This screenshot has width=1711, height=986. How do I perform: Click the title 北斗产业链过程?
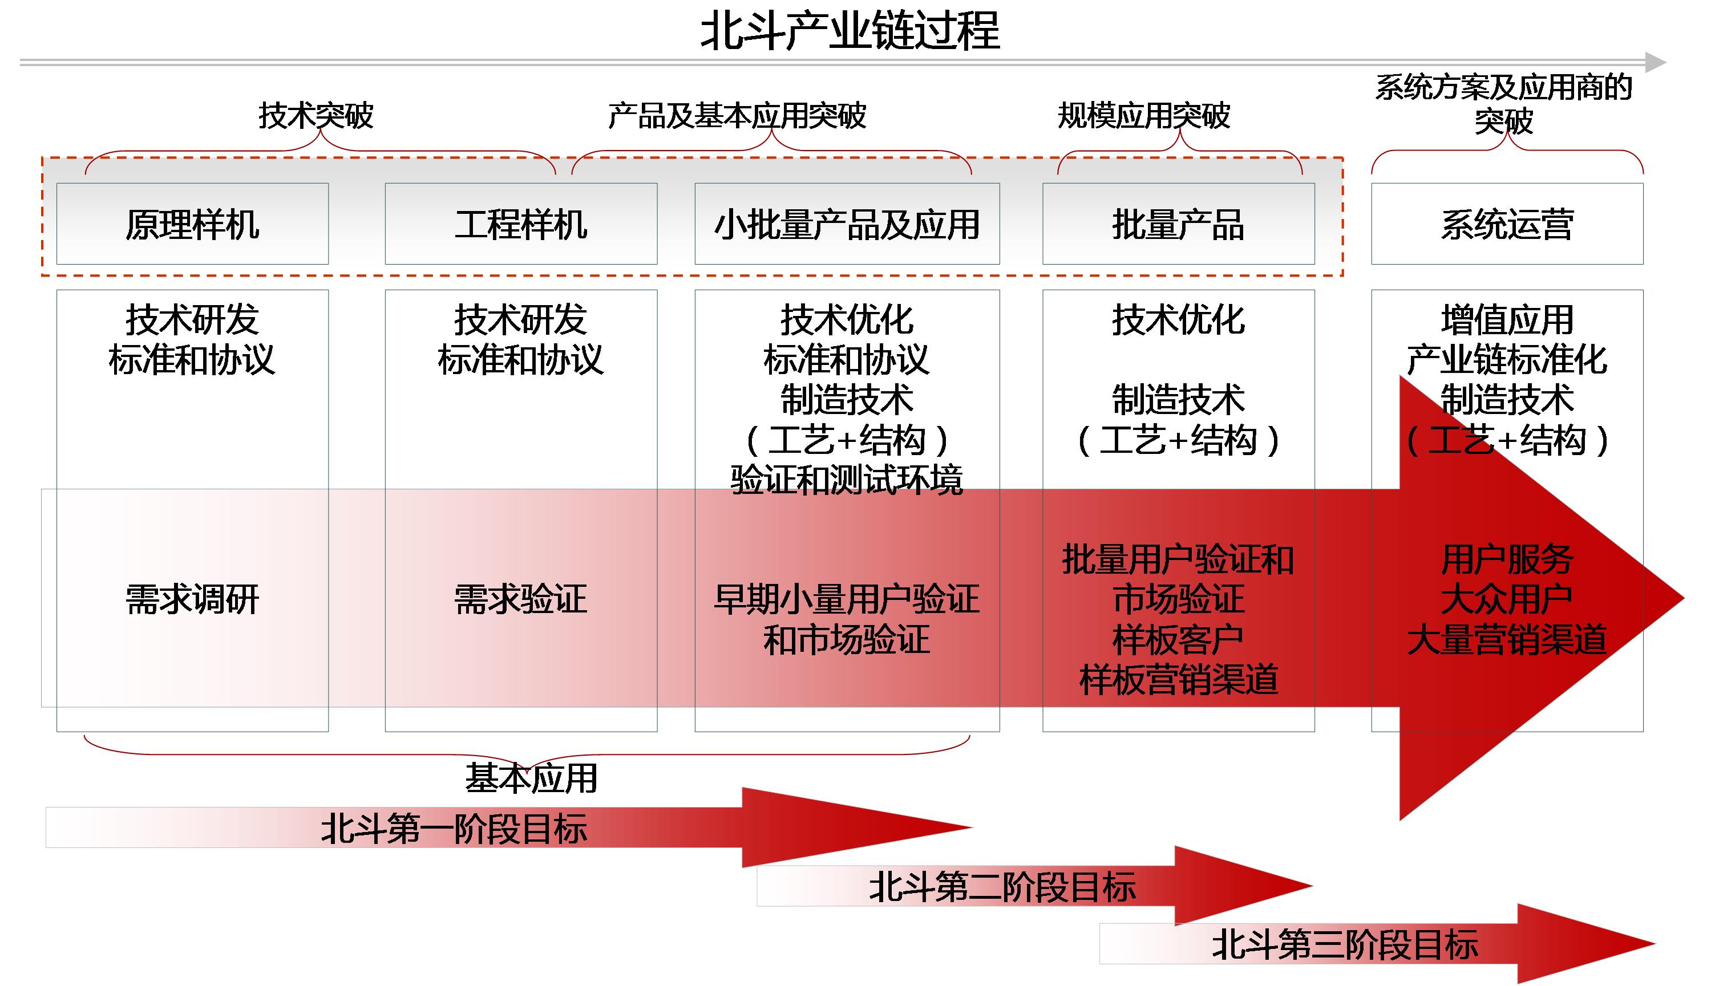(x=850, y=32)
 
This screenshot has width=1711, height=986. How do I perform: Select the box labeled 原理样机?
(x=192, y=224)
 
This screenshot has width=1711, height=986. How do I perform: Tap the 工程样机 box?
(x=521, y=224)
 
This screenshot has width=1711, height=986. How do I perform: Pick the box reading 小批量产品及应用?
(x=847, y=224)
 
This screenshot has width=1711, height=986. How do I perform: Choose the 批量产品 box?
(x=1178, y=224)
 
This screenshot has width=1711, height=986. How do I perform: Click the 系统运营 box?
(x=1507, y=224)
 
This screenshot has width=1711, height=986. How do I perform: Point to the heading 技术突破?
(x=315, y=116)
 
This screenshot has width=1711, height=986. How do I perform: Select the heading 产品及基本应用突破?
(x=737, y=116)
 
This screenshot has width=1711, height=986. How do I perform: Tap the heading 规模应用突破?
(x=1144, y=116)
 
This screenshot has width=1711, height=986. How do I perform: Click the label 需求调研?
(x=192, y=600)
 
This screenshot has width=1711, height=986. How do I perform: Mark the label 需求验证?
(x=521, y=600)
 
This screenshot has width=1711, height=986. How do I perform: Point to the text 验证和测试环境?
(x=847, y=480)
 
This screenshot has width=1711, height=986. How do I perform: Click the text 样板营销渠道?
(x=1179, y=680)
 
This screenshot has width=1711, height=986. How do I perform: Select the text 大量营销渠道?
(x=1507, y=640)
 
